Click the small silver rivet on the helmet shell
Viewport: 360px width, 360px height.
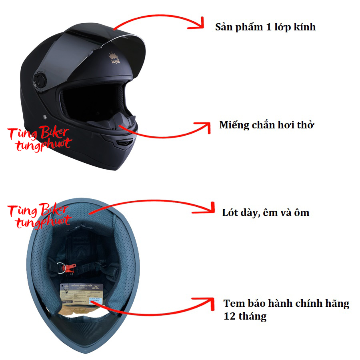pos(44,116)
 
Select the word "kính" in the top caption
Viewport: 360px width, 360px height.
pos(305,27)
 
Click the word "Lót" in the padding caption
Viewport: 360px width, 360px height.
pos(231,212)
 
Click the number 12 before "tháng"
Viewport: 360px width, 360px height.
pos(229,317)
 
